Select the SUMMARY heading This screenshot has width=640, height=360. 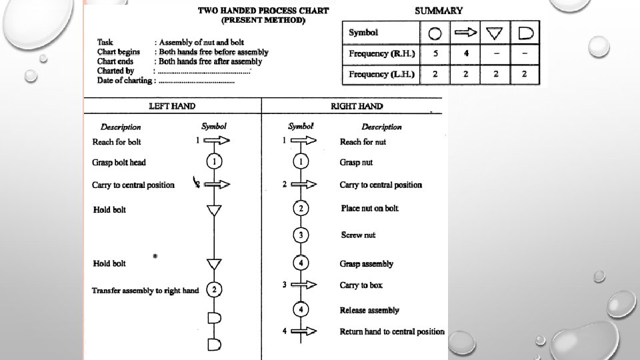[439, 11]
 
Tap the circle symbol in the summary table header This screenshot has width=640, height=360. [435, 33]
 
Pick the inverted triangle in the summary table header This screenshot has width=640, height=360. [495, 33]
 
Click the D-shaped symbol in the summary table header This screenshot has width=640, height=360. [525, 33]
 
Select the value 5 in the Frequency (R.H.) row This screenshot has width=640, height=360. [435, 53]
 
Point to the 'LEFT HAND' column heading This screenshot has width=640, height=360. [171, 106]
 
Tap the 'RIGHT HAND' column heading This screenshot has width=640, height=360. [357, 106]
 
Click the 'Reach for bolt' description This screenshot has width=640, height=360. [117, 141]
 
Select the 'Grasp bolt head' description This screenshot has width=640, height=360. [119, 162]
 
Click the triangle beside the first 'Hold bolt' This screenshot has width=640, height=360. [214, 211]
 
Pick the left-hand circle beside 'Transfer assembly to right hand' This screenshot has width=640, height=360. [214, 290]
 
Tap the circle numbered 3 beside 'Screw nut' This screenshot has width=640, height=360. [301, 235]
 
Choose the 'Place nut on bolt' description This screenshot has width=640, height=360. [369, 209]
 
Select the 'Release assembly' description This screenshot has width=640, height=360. [369, 310]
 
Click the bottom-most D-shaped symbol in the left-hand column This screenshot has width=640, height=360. [214, 344]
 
